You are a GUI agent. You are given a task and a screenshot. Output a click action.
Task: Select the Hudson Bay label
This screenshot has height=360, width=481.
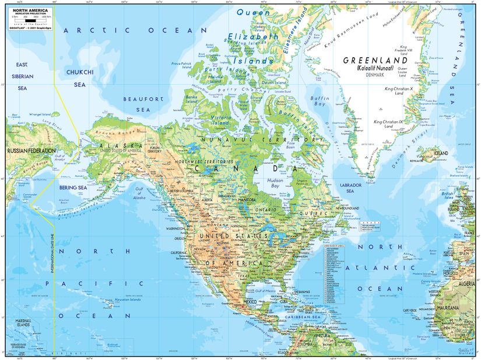pyautogui.click(x=274, y=183)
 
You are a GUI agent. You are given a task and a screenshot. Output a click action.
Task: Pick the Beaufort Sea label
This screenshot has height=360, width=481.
pyautogui.click(x=142, y=104)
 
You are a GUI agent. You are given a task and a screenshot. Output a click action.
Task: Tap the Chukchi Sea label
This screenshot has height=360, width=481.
pyautogui.click(x=79, y=78)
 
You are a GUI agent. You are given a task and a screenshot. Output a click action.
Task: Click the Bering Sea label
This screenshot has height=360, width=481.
pyautogui.click(x=72, y=188)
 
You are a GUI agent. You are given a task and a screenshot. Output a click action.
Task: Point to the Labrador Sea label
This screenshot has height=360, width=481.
pyautogui.click(x=350, y=187)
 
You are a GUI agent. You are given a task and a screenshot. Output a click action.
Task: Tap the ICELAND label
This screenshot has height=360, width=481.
pyautogui.click(x=441, y=153)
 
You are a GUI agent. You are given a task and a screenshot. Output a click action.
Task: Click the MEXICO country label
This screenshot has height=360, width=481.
pyautogui.click(x=250, y=302)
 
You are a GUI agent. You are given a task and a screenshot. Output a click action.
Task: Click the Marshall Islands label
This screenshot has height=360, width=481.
pyautogui.click(x=23, y=324)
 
